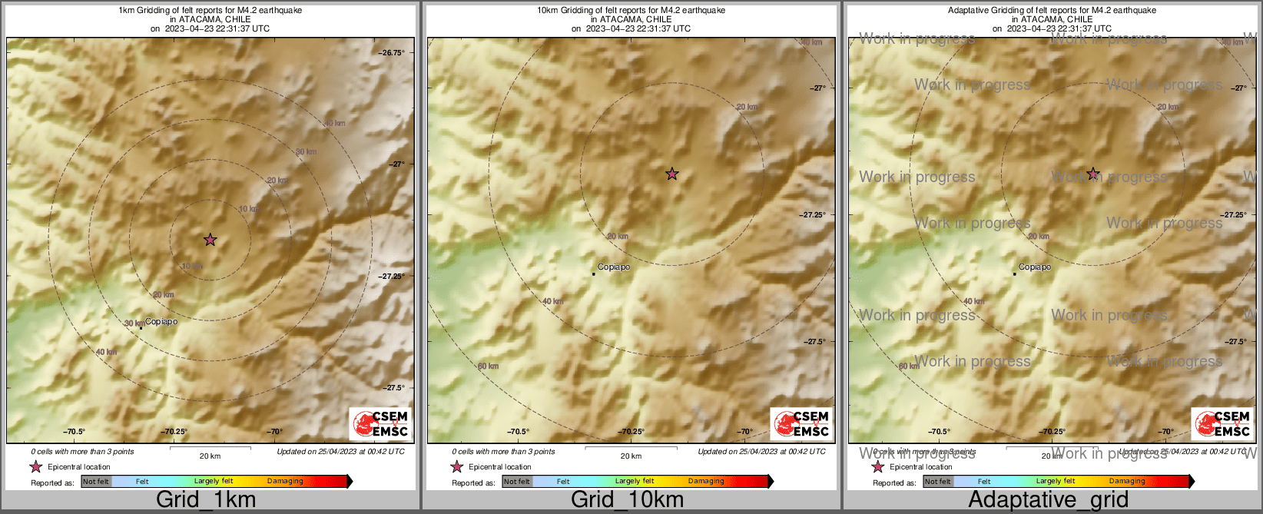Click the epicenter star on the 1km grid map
tap(210, 240)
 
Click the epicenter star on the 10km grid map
tap(671, 174)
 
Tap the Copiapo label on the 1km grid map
tap(161, 322)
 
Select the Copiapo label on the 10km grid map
tap(614, 267)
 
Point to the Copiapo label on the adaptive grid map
tap(1035, 267)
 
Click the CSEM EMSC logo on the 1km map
tap(380, 424)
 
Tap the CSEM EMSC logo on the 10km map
tap(801, 424)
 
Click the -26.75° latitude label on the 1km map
tap(392, 53)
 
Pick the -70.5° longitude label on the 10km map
tap(518, 432)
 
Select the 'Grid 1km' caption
tap(206, 499)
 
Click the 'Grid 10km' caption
tap(627, 499)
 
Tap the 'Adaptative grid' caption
tap(1048, 499)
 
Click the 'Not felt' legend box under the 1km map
tap(96, 482)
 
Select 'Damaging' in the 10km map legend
tap(706, 482)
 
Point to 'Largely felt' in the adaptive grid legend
tap(1056, 482)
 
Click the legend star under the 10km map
tap(457, 466)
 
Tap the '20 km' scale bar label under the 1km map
tap(210, 456)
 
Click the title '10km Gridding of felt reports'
tap(631, 11)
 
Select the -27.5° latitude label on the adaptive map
tap(1235, 342)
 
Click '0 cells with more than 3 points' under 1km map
tap(82, 452)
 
